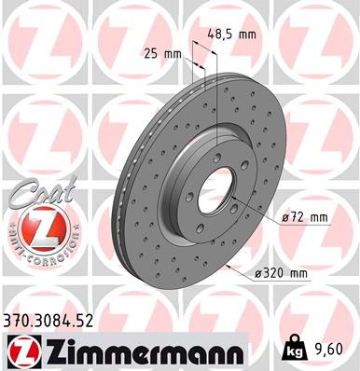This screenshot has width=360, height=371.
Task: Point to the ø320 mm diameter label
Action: (x=284, y=272)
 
